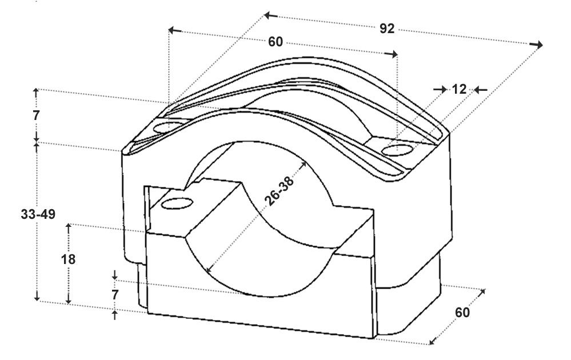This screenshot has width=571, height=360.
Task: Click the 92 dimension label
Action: pos(387,29)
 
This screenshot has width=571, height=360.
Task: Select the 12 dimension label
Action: pos(459,89)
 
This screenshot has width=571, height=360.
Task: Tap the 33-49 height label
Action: pos(38,214)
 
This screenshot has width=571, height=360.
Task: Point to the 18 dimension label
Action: pos(68,259)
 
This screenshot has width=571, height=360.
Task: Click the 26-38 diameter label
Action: pos(279,191)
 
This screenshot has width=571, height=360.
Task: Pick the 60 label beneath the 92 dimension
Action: pos(275,42)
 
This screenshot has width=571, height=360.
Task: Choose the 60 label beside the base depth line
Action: pos(462,313)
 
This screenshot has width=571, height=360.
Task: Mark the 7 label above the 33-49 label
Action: pos(35,115)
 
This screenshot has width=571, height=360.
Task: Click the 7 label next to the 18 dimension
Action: pos(115,295)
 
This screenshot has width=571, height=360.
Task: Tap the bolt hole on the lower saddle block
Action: pos(177,203)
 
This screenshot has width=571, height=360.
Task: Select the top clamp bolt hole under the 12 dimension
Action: pos(397,150)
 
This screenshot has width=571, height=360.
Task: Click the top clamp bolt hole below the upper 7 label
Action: pos(169,127)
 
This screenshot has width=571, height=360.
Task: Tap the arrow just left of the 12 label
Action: pos(440,89)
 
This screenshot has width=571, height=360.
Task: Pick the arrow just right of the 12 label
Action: pos(481,90)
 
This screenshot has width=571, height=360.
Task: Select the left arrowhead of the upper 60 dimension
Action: pos(175,30)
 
